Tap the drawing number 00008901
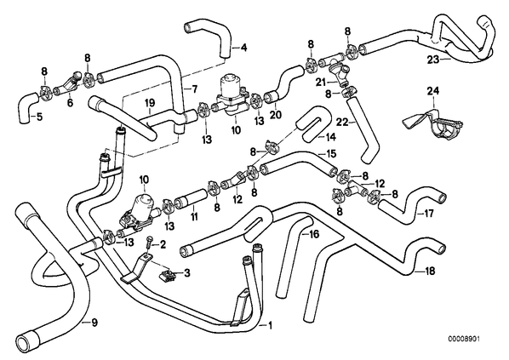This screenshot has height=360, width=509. (x=464, y=339)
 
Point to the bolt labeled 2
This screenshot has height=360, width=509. (x=149, y=243)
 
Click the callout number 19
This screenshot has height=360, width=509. (x=150, y=103)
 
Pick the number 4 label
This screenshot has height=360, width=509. (x=243, y=48)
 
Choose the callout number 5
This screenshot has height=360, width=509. (x=39, y=117)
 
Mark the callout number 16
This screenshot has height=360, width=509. (x=314, y=233)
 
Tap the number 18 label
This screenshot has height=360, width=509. (x=430, y=271)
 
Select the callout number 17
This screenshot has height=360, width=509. (x=428, y=214)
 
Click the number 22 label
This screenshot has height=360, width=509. (x=342, y=122)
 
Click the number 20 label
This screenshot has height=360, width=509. (x=276, y=114)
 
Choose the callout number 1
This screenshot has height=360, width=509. (x=270, y=325)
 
